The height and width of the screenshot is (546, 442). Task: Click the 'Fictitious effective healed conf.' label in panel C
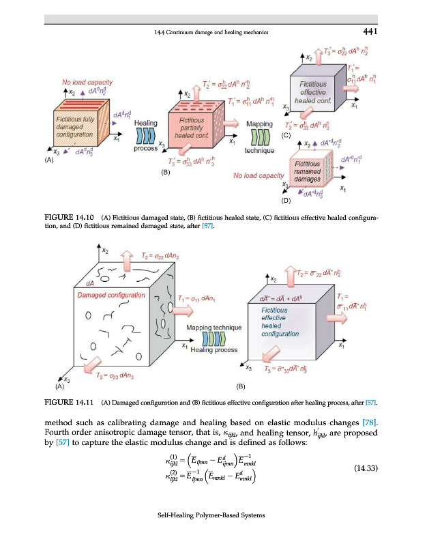(314, 92)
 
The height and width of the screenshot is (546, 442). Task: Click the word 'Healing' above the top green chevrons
(147, 123)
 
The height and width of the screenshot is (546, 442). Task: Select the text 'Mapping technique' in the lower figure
(214, 328)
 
